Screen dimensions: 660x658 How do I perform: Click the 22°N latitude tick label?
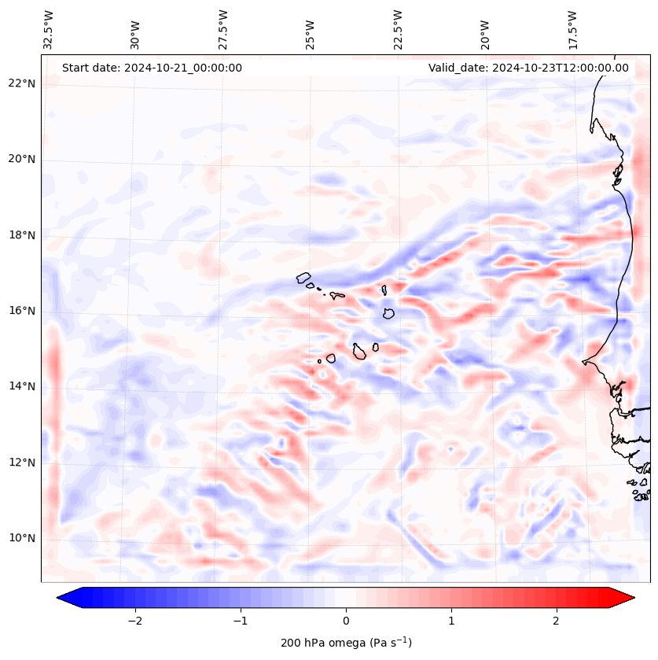(22, 83)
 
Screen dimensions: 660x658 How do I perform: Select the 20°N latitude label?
(22, 159)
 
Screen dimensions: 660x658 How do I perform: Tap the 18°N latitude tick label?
(22, 235)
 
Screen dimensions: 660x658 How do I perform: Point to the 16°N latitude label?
(22, 311)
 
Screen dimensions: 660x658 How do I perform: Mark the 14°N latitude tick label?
(22, 386)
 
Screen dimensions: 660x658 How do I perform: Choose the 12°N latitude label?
(22, 463)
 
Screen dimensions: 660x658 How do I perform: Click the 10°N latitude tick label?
(22, 538)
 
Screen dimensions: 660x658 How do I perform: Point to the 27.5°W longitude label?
(223, 28)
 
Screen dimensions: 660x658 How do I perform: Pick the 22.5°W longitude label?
(398, 28)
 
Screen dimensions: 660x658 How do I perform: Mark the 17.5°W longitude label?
(572, 28)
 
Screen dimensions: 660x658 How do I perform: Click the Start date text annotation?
(152, 68)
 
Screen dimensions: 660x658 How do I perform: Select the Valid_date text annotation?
(528, 68)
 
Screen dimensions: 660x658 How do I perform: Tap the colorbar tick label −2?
(134, 621)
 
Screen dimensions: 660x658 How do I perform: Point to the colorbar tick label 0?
(346, 621)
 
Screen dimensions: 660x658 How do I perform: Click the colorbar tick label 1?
(451, 621)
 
